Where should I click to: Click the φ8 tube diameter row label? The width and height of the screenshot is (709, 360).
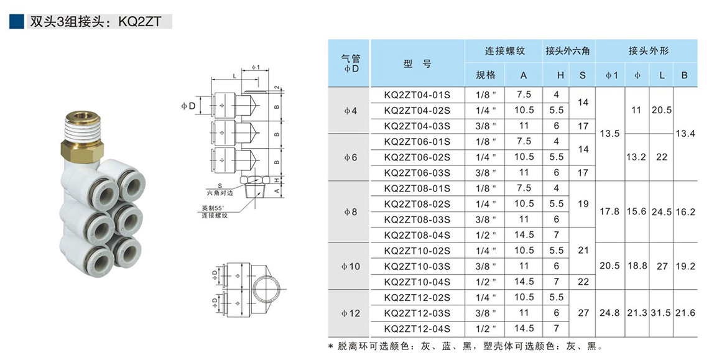(350, 212)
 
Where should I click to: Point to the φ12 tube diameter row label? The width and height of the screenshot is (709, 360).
(350, 313)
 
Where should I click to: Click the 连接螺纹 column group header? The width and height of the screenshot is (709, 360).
(504, 50)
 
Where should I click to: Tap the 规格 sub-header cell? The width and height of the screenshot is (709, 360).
(486, 75)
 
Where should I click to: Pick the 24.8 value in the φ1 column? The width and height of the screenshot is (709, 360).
(609, 313)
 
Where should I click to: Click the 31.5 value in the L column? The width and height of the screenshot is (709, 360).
(661, 313)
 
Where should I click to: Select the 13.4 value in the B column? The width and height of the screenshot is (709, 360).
(684, 134)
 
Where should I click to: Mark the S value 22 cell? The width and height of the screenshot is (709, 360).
(583, 282)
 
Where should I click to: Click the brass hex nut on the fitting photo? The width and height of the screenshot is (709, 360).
(83, 149)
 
